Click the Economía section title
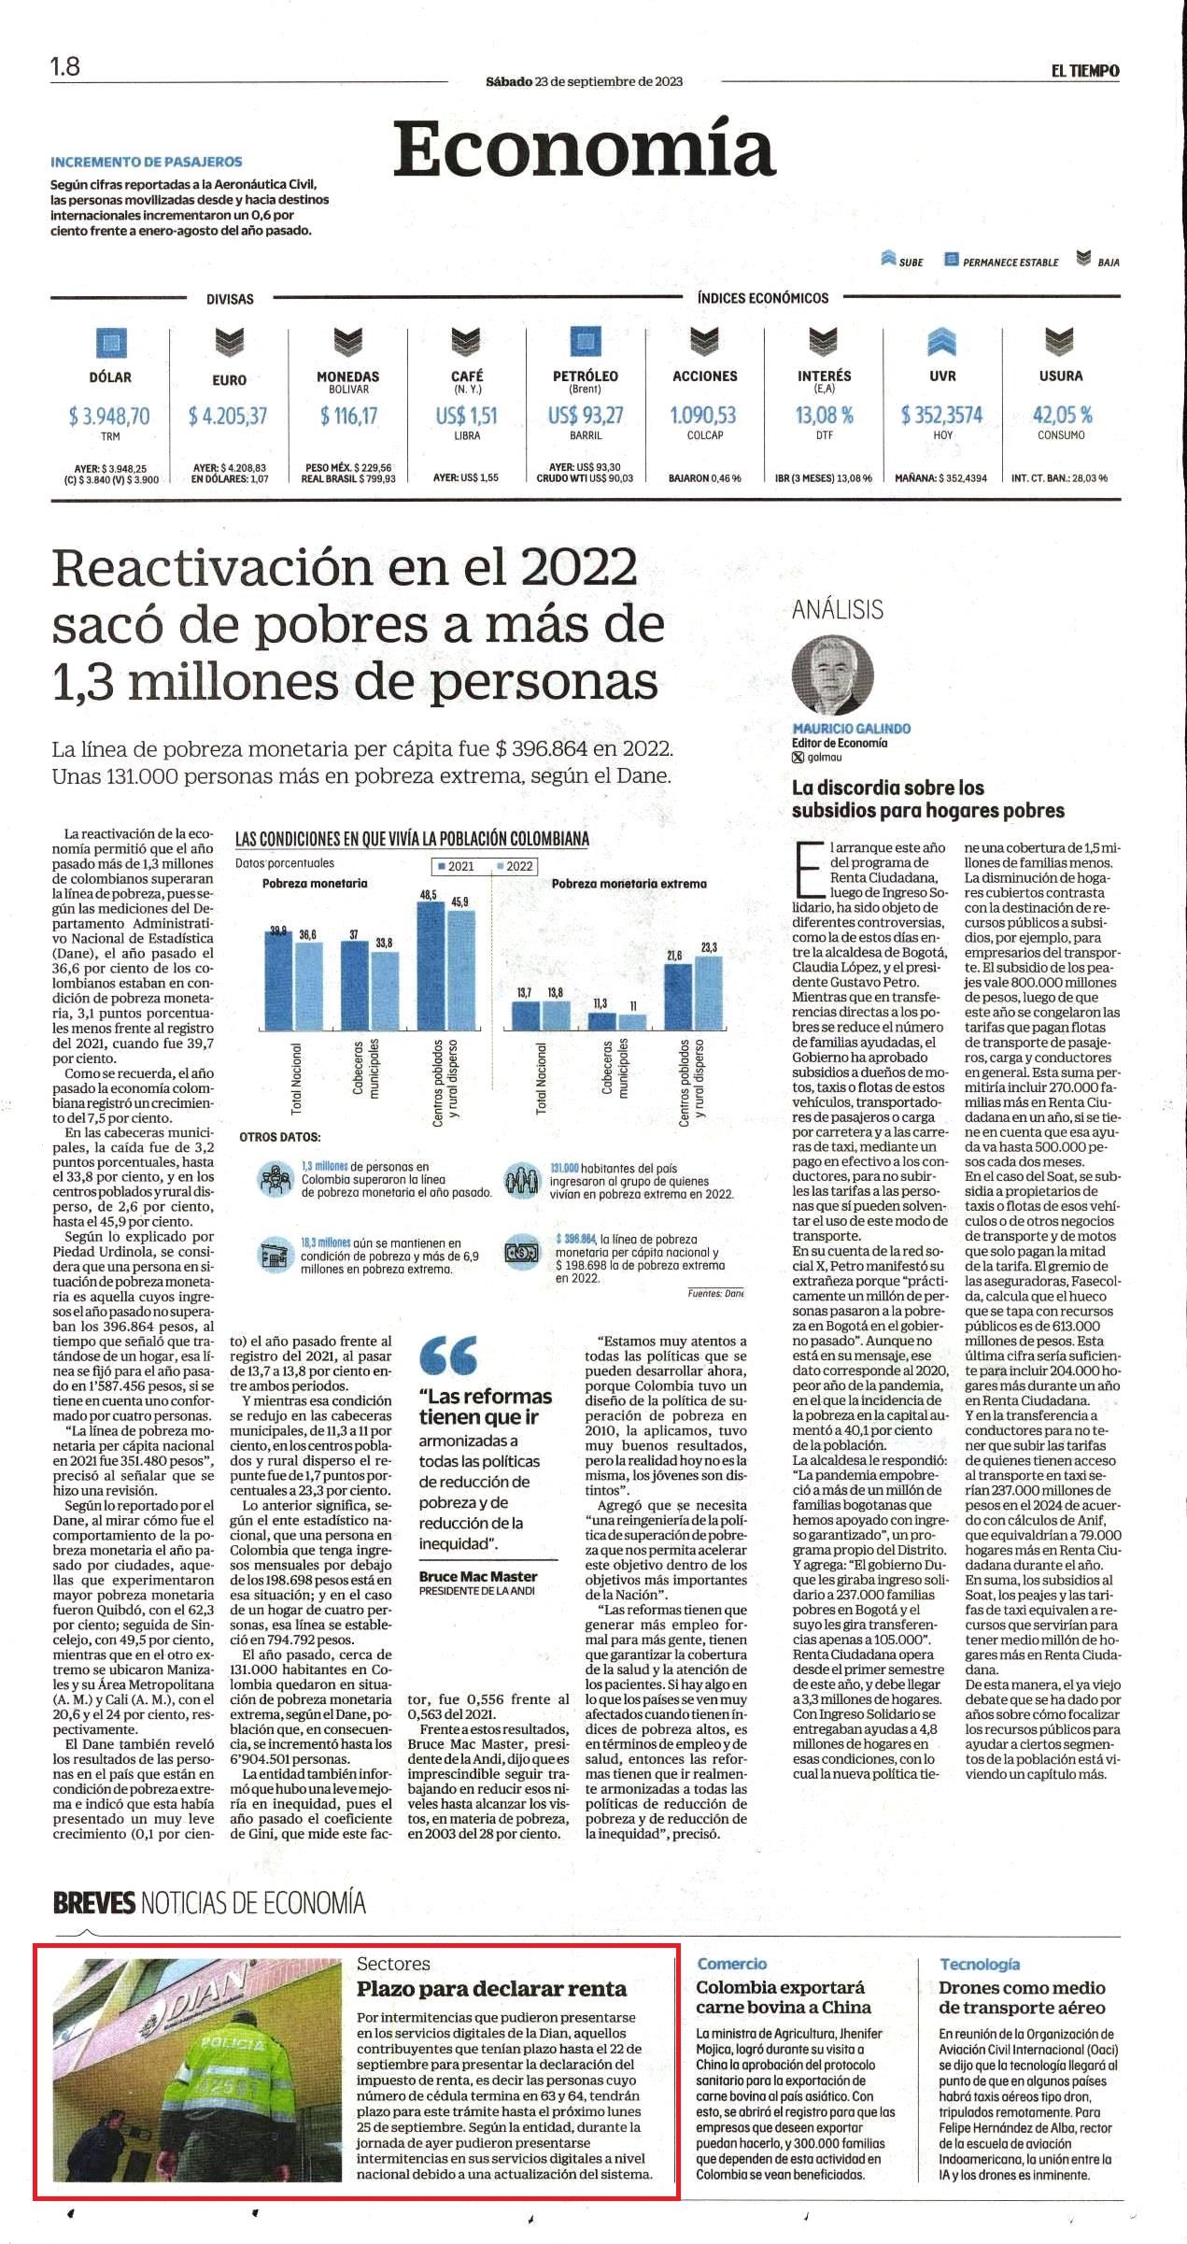pos(585,149)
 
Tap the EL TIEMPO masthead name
pos(1085,71)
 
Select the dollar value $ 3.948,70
pos(109,416)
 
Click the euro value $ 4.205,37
pos(228,416)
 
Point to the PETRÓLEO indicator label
pos(586,376)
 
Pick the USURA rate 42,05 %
pos(1062,415)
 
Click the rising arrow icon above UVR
pos(942,343)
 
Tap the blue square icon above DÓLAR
pos(110,343)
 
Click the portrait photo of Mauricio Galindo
pos(833,675)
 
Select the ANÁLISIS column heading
pos(838,610)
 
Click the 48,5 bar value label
pos(429,895)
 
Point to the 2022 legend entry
pos(515,866)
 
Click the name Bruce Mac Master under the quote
pos(478,1576)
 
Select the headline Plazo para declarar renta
pos(492,1989)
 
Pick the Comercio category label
pos(732,1964)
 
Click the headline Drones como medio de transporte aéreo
pos(1023,1997)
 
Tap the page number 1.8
pos(65,66)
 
